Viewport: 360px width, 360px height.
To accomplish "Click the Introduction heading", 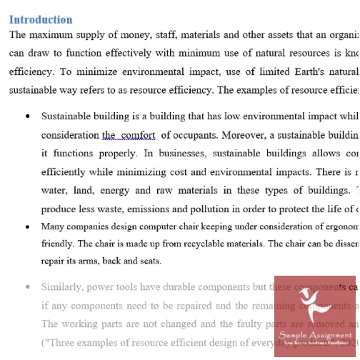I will coord(41,19).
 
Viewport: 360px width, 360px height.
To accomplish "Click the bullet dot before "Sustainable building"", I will coord(27,115).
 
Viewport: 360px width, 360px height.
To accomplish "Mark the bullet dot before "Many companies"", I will coord(27,226).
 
